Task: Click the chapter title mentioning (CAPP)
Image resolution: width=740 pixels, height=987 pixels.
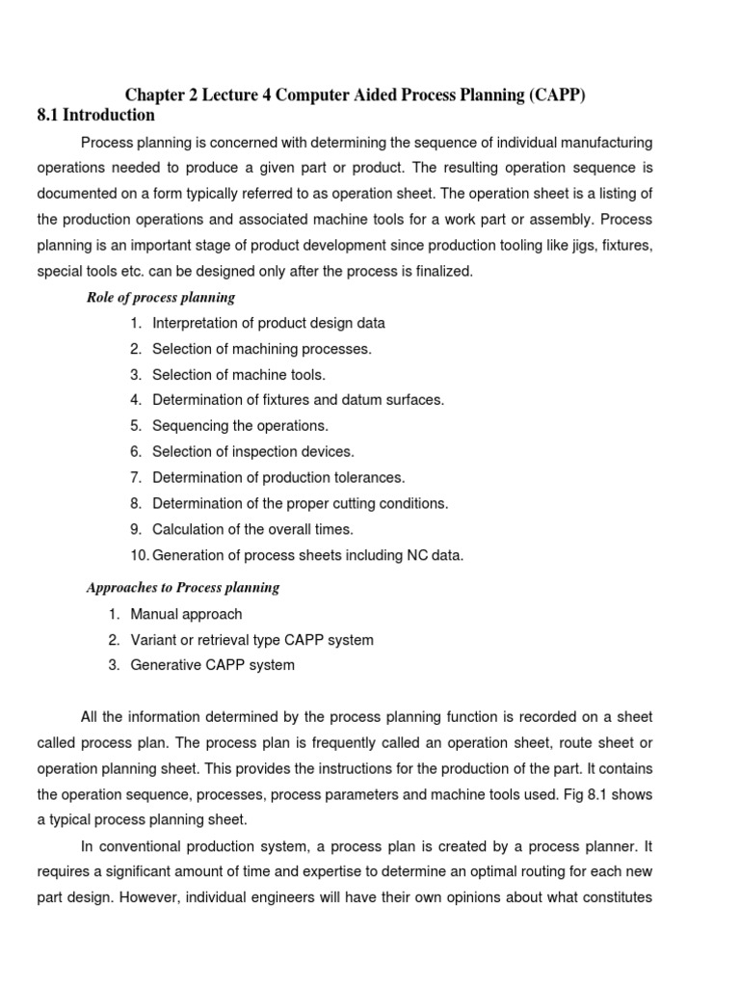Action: point(356,93)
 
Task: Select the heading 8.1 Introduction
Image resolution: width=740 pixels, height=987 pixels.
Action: point(95,116)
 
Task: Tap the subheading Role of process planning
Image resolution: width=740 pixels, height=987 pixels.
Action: point(161,297)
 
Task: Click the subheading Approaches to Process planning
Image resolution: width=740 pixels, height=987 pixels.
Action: point(183,587)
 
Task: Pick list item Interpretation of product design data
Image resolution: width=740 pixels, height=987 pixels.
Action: point(269,323)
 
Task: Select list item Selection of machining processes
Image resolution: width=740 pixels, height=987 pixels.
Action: point(261,349)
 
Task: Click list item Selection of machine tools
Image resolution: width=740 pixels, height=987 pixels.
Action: point(239,375)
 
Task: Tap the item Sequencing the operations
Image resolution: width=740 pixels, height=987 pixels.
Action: point(240,426)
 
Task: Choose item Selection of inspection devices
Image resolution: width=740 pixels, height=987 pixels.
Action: point(253,451)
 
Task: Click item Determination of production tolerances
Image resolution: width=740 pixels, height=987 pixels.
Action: point(278,477)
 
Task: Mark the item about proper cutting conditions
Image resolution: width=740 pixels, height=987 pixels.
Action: point(300,503)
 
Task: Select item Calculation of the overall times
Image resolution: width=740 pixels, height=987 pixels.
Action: point(252,529)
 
